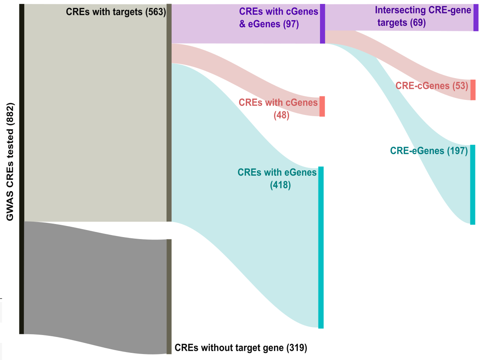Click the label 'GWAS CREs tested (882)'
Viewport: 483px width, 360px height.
click(x=10, y=162)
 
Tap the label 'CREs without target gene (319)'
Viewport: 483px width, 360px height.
click(x=241, y=348)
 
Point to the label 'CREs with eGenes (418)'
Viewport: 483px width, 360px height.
click(x=277, y=178)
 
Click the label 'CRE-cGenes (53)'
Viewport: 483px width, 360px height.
click(x=432, y=85)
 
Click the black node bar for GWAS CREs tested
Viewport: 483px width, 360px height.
click(x=22, y=169)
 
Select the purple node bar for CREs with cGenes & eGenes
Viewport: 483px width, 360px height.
click(x=322, y=24)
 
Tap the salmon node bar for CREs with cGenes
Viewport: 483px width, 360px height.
click(x=322, y=106)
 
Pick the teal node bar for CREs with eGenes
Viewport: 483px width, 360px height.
click(x=321, y=247)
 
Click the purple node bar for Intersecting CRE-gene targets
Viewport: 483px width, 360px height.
click(x=475, y=18)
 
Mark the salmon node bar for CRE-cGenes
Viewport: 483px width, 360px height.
click(x=473, y=90)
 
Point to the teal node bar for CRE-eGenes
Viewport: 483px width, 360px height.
click(x=472, y=185)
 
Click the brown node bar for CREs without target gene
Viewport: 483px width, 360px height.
click(x=169, y=296)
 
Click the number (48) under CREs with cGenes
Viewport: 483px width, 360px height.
click(x=282, y=116)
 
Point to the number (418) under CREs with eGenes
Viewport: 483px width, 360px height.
click(x=280, y=185)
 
